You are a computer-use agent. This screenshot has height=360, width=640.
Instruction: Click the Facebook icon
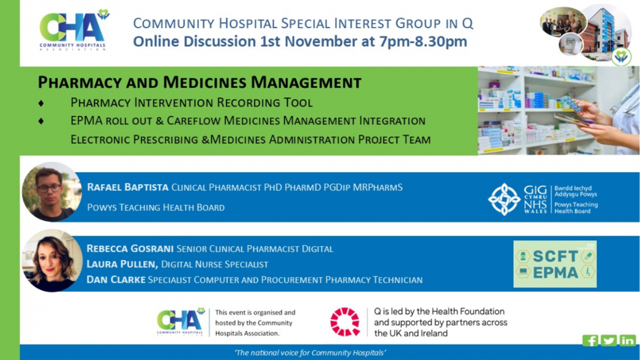coord(590,341)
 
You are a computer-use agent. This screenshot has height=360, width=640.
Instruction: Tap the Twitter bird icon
coord(609,341)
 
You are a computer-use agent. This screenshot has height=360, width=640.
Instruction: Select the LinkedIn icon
coord(628,341)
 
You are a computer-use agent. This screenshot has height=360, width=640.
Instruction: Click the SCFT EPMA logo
coord(555,264)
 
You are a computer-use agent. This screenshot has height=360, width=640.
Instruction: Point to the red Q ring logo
coord(345,322)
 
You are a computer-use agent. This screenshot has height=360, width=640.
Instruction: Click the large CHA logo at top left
coord(74,30)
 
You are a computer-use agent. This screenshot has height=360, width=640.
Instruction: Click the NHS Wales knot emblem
coord(504,199)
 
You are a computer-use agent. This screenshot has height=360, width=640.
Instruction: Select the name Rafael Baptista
coord(127,188)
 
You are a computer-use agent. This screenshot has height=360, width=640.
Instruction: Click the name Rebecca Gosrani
coord(130,249)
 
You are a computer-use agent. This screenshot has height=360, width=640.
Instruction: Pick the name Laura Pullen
coord(122,264)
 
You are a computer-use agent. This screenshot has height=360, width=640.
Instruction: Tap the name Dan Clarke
coord(116,280)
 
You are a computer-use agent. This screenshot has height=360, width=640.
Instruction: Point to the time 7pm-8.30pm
coord(423,41)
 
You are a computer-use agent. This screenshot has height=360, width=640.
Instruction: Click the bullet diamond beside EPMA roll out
coord(41,121)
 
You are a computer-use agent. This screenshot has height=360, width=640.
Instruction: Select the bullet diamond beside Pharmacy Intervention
coord(41,103)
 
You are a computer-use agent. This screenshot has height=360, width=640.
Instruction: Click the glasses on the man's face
coord(49,189)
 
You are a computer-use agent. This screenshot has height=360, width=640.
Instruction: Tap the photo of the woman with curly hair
coord(52,261)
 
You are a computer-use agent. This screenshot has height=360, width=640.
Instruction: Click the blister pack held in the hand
coord(572,104)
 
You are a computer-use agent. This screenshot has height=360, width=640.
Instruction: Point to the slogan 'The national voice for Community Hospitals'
coord(310,353)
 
